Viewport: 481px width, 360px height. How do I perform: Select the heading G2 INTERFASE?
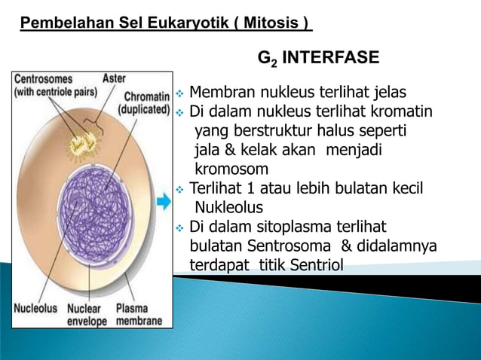318,59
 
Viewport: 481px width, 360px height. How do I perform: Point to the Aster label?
115,78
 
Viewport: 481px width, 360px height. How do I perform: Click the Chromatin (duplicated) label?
143,102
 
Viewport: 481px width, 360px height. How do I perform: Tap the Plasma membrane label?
139,315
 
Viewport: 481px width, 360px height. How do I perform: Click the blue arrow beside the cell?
164,202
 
